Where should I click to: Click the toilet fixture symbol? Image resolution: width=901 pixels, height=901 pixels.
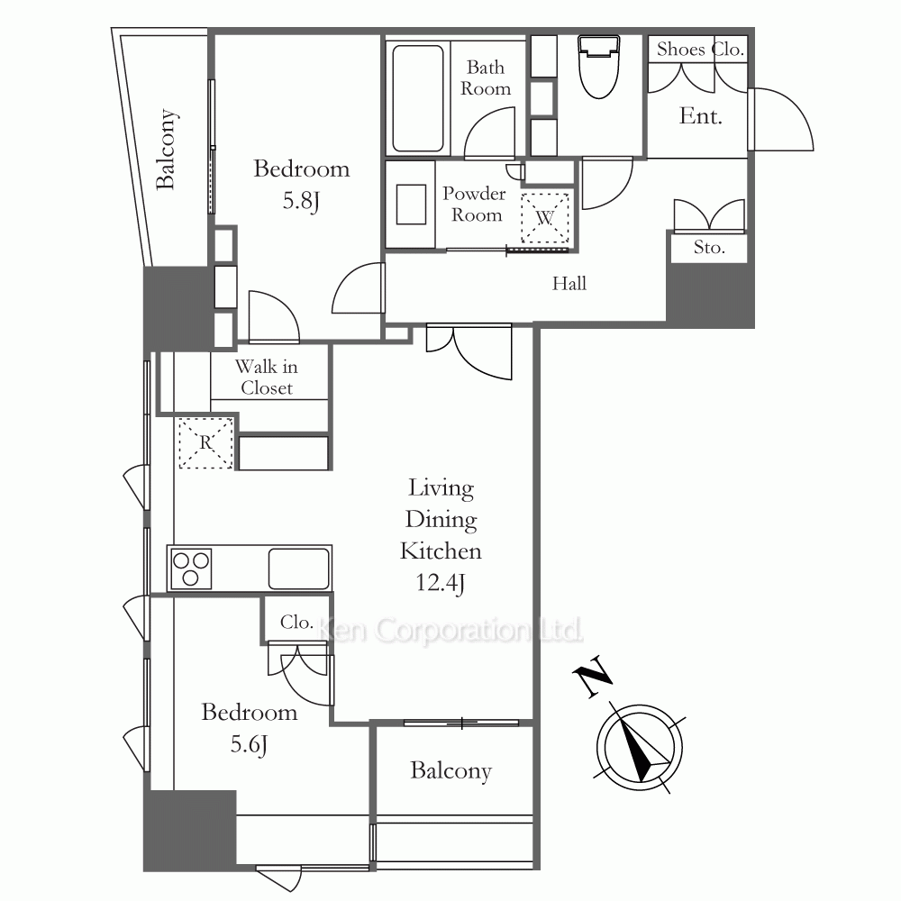(x=599, y=66)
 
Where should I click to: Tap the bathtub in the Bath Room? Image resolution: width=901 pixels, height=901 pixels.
(x=418, y=97)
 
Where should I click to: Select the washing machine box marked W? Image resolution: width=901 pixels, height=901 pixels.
(x=545, y=218)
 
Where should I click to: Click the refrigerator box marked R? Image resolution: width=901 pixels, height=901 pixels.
(x=205, y=443)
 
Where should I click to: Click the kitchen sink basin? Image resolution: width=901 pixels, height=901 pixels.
(x=299, y=569)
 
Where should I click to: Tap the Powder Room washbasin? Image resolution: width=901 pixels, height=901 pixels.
(x=412, y=204)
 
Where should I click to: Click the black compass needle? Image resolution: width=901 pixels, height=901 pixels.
(x=639, y=743)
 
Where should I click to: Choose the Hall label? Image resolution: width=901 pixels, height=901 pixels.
(x=569, y=283)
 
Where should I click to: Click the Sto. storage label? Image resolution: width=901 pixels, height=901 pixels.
(x=709, y=248)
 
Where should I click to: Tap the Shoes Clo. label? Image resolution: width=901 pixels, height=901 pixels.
(x=700, y=50)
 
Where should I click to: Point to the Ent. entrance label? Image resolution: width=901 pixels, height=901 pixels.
(x=700, y=116)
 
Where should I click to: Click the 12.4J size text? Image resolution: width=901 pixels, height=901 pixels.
(x=441, y=583)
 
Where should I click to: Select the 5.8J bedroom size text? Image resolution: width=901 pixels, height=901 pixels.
(x=301, y=201)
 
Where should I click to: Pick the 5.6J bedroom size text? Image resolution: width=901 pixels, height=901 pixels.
(x=249, y=745)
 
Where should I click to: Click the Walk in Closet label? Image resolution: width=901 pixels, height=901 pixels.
(x=267, y=377)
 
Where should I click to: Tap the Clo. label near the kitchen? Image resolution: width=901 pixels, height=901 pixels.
(x=296, y=622)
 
